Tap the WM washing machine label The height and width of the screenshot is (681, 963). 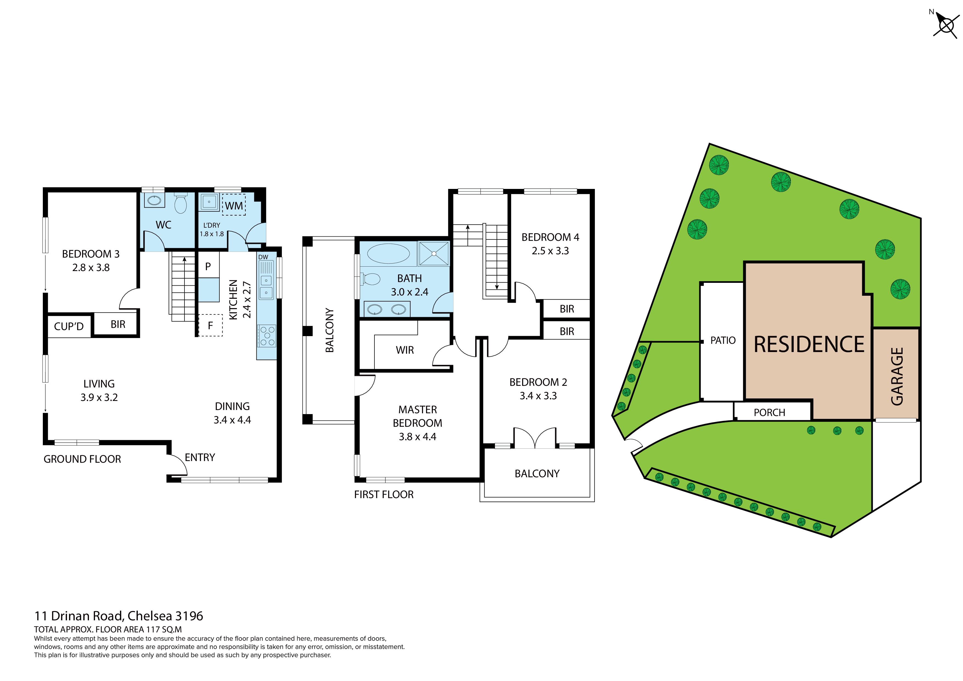(x=234, y=206)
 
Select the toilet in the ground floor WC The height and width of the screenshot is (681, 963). (x=181, y=203)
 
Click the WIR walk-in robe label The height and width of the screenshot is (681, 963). (x=405, y=350)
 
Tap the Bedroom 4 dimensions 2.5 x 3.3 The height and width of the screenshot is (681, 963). (x=550, y=251)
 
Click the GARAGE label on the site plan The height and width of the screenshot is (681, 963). (x=897, y=376)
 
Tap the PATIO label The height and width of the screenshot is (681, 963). (x=723, y=340)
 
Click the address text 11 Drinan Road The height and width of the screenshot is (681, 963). (x=79, y=616)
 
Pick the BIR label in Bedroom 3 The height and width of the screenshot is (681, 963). (x=118, y=324)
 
